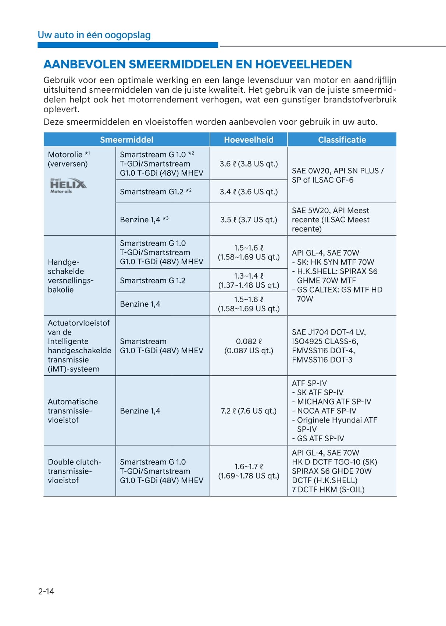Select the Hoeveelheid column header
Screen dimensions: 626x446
249,140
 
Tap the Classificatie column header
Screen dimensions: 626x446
342,140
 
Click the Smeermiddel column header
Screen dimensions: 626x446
126,140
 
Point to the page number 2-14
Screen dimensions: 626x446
46,591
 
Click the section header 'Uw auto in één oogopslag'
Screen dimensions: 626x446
94,35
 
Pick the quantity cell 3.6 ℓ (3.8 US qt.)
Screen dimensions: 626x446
249,164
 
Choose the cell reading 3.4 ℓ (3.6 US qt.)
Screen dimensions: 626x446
249,192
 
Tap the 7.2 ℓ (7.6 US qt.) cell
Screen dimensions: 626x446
249,411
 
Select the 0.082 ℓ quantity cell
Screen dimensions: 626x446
249,346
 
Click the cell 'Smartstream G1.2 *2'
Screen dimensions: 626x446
156,192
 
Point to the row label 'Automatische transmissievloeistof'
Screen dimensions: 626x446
73,411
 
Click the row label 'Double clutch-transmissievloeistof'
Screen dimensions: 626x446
74,471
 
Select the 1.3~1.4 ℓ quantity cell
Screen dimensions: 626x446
249,280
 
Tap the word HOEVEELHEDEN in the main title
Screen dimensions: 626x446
303,64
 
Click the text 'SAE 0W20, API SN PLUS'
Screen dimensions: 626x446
338,171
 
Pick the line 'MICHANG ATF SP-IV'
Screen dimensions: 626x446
334,402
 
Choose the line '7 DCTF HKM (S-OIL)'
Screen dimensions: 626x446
328,489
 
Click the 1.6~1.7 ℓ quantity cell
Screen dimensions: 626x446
249,471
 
